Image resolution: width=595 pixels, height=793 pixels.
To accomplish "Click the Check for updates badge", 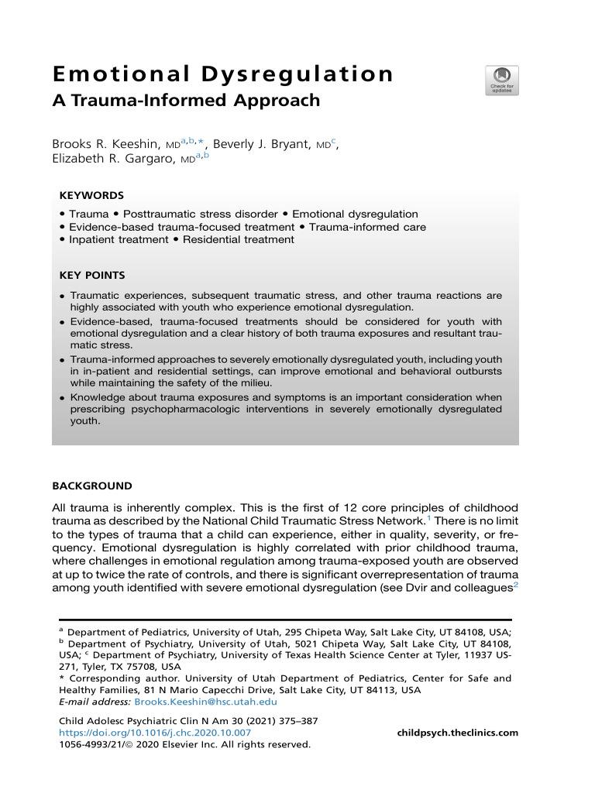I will tap(502, 80).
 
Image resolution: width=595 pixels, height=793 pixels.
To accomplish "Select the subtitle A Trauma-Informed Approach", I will tap(186, 101).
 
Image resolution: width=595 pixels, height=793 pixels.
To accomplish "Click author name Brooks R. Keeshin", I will tap(115, 144).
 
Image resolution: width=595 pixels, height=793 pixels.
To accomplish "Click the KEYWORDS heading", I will tap(91, 196).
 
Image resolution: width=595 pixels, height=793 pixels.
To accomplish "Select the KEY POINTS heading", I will tap(92, 275).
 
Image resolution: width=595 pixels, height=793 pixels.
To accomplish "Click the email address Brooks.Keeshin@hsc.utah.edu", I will tap(205, 702).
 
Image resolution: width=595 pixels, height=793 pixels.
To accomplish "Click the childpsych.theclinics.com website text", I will tap(457, 733).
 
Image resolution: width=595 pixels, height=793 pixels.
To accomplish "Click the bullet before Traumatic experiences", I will tap(61, 297).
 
